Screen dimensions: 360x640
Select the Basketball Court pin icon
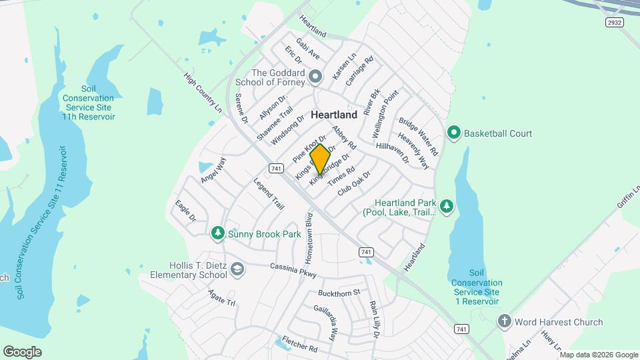click(455, 133)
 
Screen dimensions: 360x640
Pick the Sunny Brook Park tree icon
click(217, 233)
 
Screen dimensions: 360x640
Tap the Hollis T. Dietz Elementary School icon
click(238, 269)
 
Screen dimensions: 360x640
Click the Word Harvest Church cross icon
click(504, 322)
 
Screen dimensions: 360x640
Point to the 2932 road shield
click(614, 23)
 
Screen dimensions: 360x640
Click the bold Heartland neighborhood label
click(334, 115)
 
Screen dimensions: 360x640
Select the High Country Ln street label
click(203, 93)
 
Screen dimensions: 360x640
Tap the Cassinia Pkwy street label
click(293, 269)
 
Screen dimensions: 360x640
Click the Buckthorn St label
click(339, 293)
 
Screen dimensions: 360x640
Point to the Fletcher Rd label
click(299, 344)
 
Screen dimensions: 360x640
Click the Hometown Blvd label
click(309, 237)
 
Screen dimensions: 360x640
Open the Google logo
click(22, 351)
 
